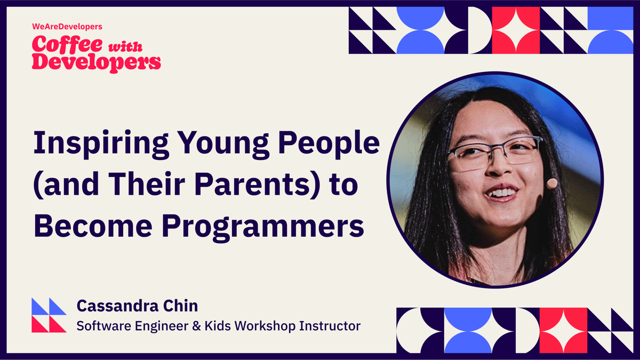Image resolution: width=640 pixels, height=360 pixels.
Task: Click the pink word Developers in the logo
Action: (x=96, y=62)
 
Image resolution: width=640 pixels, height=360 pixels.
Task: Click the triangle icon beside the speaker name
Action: (x=49, y=315)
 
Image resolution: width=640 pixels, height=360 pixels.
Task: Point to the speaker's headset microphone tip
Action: (x=552, y=183)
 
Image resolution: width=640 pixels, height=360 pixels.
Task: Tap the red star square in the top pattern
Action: (x=515, y=30)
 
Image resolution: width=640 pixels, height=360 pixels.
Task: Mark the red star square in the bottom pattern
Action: (x=563, y=330)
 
